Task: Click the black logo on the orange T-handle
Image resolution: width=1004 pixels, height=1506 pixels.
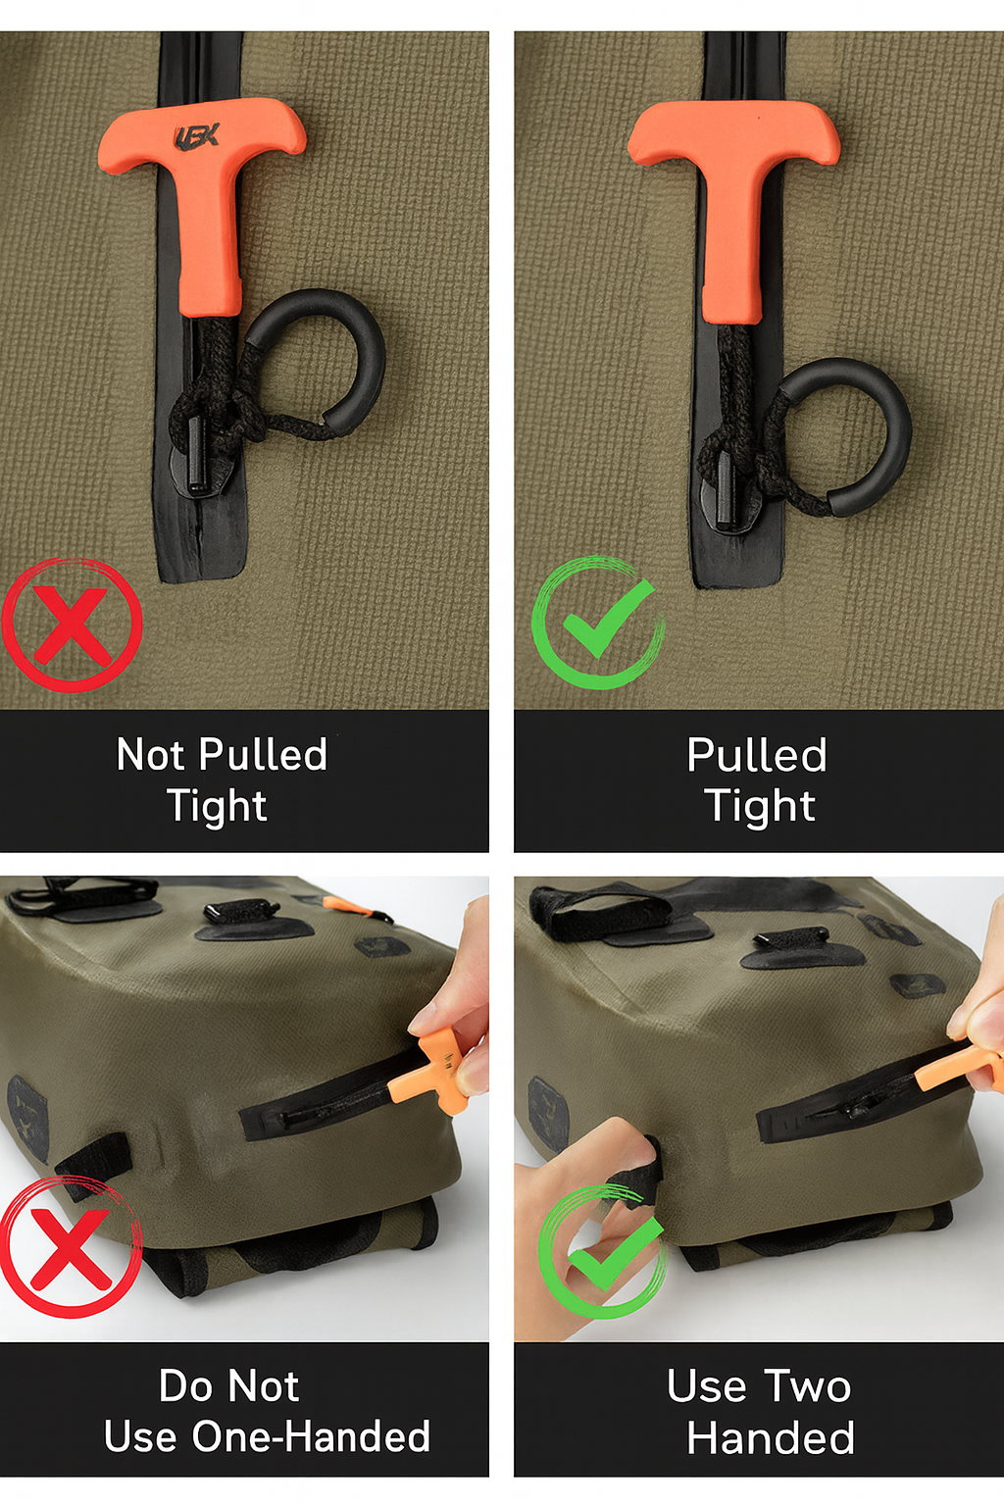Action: pyautogui.click(x=196, y=137)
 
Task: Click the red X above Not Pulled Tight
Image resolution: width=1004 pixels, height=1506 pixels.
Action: pyautogui.click(x=72, y=626)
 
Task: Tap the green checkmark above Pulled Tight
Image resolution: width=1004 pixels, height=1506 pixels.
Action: pyautogui.click(x=598, y=623)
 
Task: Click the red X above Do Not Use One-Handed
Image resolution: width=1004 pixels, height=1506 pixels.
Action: pyautogui.click(x=71, y=1248)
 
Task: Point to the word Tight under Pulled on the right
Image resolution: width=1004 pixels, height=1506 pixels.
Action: pyautogui.click(x=761, y=805)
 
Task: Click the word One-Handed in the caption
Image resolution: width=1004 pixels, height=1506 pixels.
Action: pyautogui.click(x=311, y=1437)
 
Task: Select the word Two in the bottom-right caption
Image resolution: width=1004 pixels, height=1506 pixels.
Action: pyautogui.click(x=808, y=1386)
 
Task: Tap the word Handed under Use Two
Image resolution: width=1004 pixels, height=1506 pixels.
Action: pyautogui.click(x=771, y=1437)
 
